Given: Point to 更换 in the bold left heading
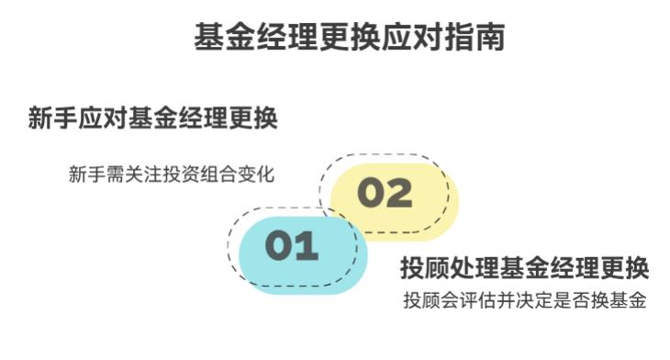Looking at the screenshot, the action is (256, 119).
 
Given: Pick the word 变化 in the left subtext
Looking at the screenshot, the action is (256, 174).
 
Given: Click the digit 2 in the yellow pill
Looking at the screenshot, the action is (397, 193).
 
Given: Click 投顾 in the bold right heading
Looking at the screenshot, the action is (421, 269).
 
